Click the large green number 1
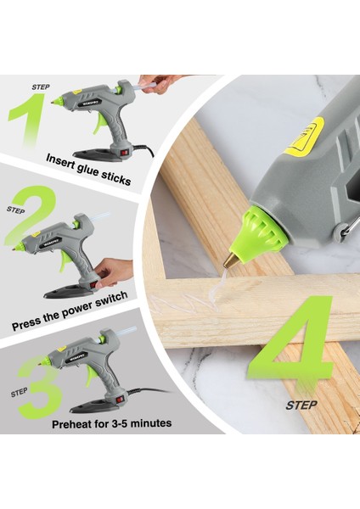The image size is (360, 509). pyautogui.click(x=27, y=121)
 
